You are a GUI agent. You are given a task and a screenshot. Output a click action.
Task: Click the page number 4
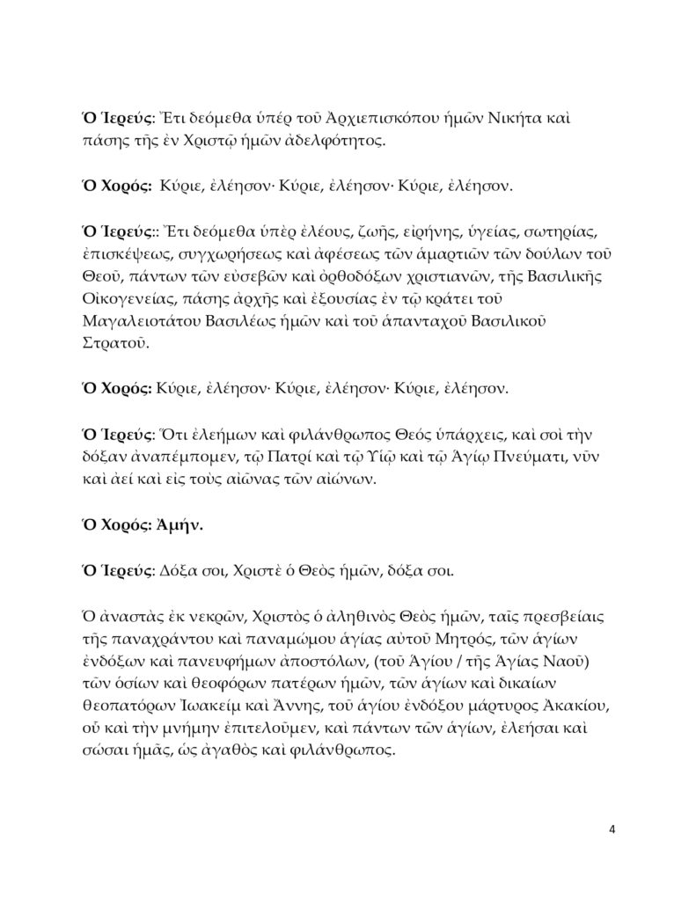[614, 830]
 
